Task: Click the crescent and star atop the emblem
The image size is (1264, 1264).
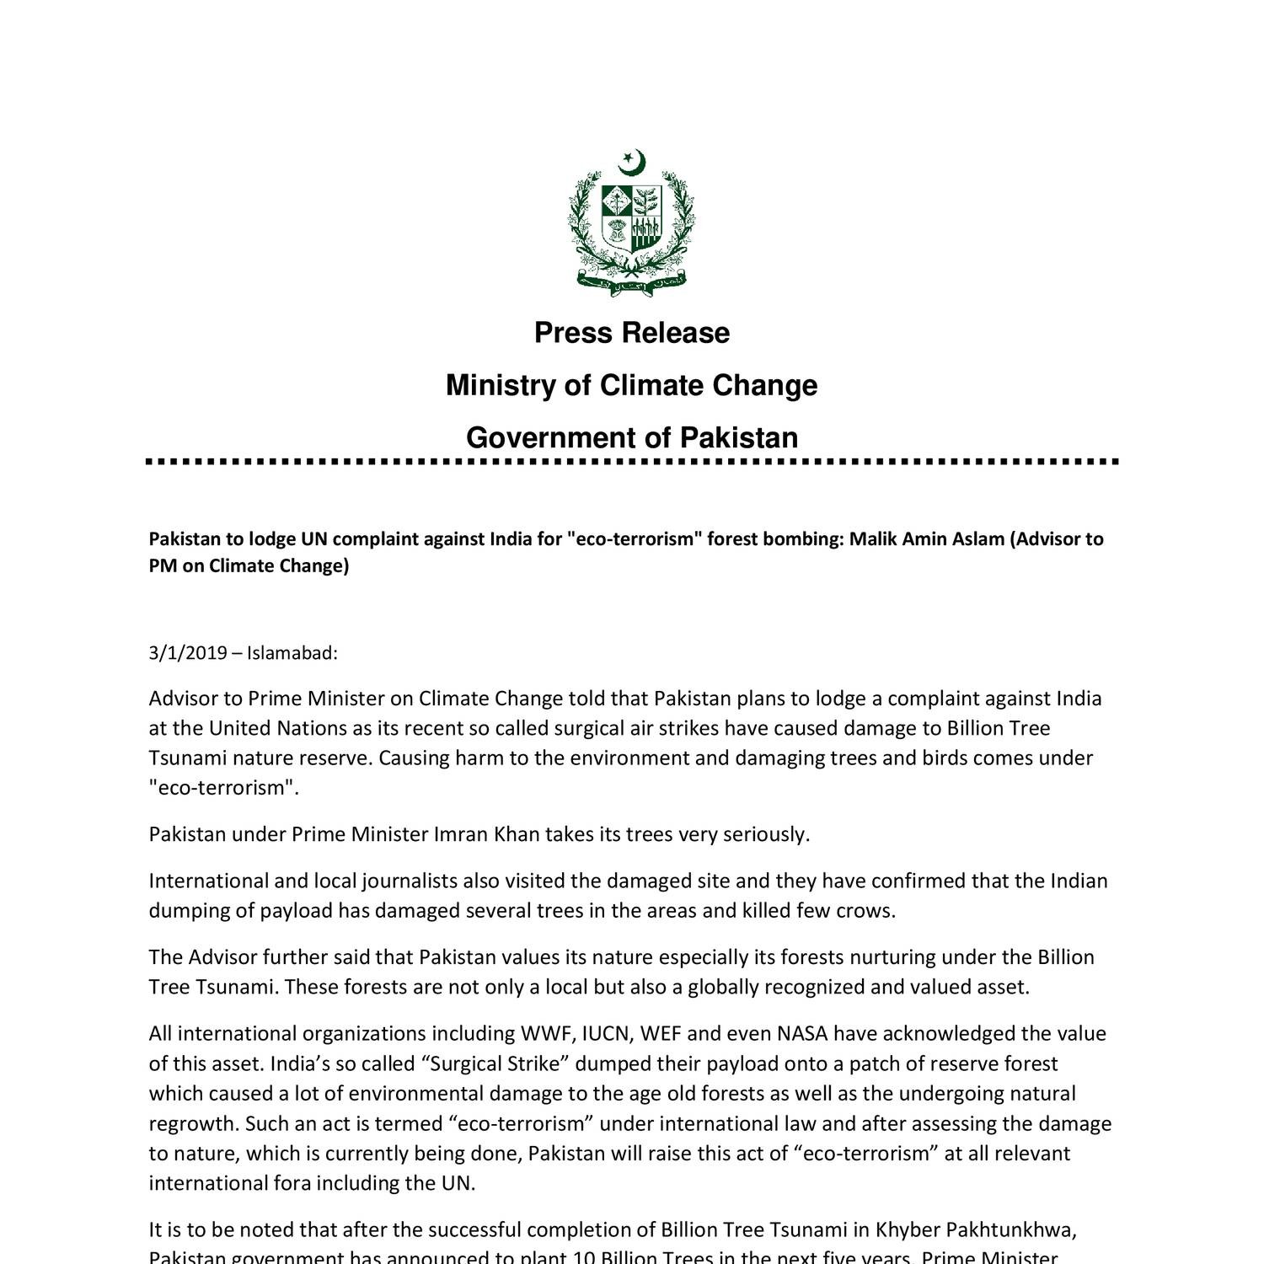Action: tap(632, 162)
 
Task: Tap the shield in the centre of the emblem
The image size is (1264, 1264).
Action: tap(632, 217)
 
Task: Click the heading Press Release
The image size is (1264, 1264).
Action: tap(632, 333)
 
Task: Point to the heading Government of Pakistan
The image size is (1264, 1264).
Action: tap(632, 437)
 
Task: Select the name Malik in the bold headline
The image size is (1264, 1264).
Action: tap(873, 538)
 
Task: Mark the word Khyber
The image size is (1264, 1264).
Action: tap(911, 1229)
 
